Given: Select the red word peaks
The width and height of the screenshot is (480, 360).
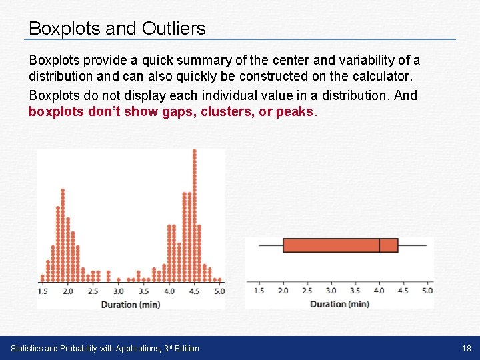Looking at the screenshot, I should point(294,111).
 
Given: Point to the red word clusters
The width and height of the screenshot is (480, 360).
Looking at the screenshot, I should point(226,111).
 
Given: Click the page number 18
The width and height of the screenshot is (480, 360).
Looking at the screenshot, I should point(466,348).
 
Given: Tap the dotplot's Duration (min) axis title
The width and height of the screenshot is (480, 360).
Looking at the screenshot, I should point(131,305).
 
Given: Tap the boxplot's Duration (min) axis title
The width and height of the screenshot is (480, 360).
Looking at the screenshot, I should point(339,304).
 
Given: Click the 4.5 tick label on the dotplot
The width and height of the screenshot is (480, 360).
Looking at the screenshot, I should point(194,291).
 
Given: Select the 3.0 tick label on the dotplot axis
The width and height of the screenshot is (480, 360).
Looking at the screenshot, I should point(118,291).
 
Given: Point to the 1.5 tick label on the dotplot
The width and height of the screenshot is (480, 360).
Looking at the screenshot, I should point(43,291).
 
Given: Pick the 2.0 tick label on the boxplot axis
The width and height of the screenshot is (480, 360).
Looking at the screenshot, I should point(283,291).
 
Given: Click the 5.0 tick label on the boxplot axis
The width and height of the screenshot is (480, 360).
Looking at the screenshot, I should point(427,291).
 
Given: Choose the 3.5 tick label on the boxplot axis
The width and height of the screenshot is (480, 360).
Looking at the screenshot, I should point(355,291).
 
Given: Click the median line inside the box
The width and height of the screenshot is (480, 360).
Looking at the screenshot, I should point(379,245).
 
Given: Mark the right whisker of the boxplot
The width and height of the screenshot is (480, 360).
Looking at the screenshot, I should point(412,245).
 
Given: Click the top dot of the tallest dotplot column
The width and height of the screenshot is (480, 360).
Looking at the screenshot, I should point(194,151).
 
